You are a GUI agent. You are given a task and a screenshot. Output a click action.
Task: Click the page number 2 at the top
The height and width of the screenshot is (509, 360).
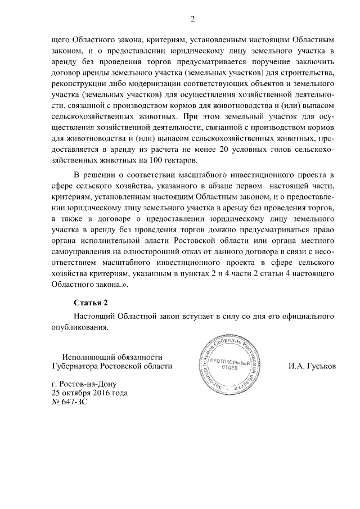click(192, 20)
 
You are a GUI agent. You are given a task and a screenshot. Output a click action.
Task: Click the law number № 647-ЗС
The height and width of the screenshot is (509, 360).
click(70, 403)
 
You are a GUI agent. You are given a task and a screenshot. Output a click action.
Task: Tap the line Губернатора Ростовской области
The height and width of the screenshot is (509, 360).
click(105, 366)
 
